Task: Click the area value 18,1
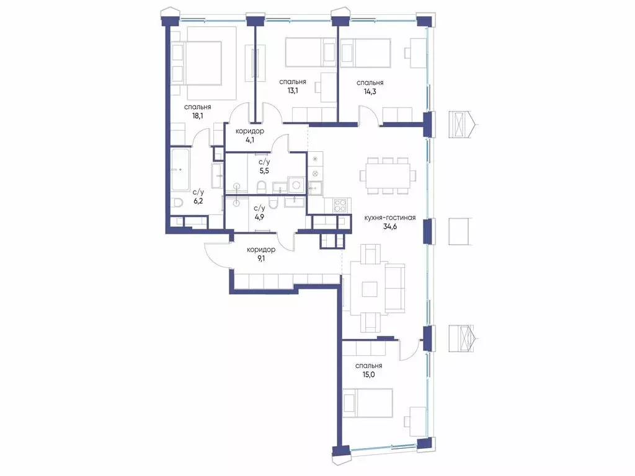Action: pos(198,116)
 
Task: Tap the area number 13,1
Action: pos(293,90)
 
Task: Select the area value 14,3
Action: pos(370,92)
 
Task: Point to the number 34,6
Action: pos(389,227)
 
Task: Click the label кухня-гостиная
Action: pos(389,218)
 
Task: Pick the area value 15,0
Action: pos(368,374)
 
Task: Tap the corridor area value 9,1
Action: pos(261,258)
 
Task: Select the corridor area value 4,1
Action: pos(249,140)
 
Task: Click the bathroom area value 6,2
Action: pos(198,201)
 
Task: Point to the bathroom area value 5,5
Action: pos(264,171)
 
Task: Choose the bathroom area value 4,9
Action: pos(259,217)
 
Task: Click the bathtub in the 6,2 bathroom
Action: pos(180,170)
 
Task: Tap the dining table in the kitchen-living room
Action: pos(387,175)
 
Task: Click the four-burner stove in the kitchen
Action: pos(339,205)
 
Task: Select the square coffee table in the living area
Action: pos(370,289)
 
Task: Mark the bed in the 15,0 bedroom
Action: pos(367,403)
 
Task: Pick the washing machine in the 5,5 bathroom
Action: pos(296,185)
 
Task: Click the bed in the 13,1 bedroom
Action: pos(311,53)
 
